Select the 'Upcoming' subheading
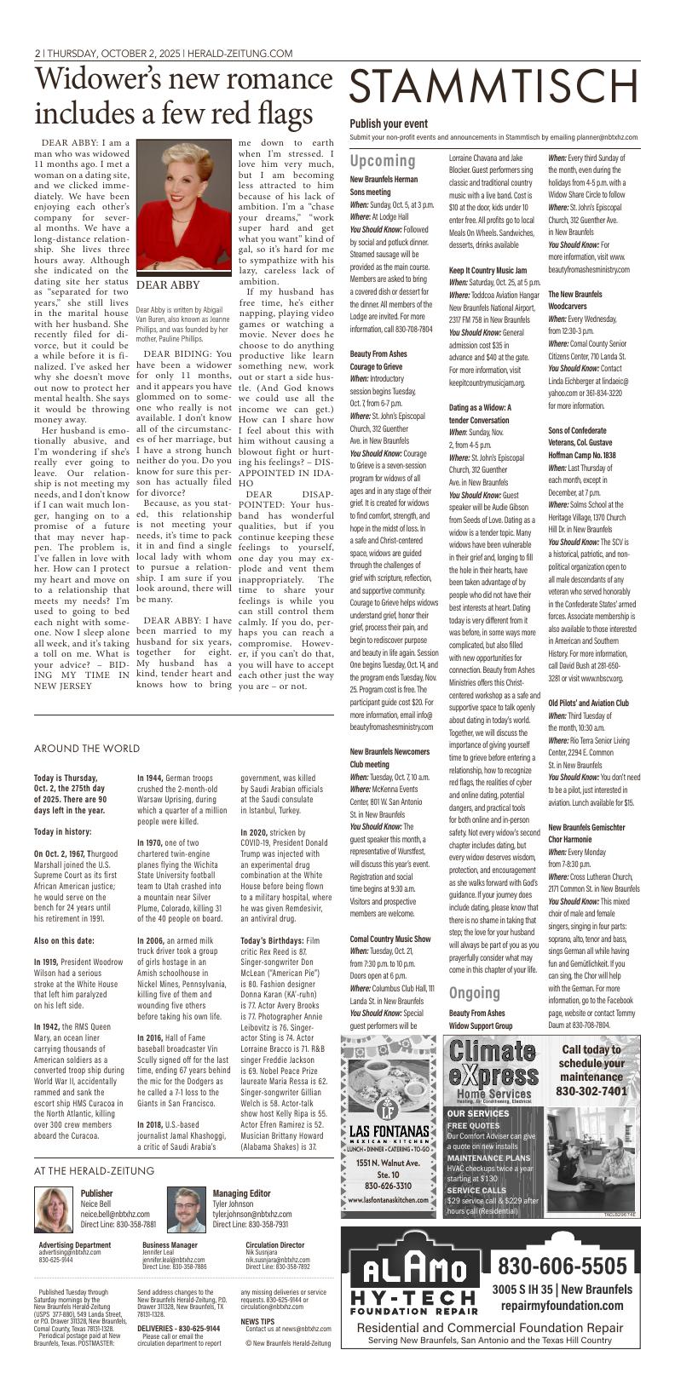click(383, 161)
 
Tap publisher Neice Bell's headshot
click(54, 1211)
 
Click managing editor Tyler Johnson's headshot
click(186, 1211)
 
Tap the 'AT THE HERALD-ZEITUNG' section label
click(95, 1171)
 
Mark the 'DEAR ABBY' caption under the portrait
click(168, 284)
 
